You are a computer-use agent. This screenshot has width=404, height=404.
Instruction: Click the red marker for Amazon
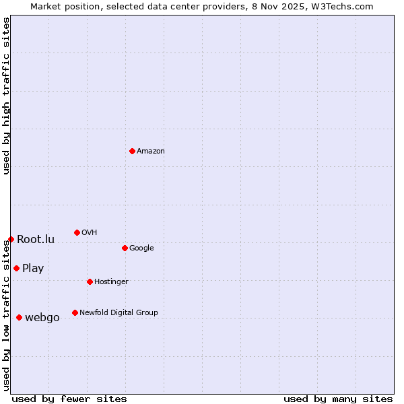[132, 151]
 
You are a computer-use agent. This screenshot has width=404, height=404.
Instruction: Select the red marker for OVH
[77, 232]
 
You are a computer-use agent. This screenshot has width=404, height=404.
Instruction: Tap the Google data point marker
[125, 248]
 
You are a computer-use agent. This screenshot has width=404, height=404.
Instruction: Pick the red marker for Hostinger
[90, 281]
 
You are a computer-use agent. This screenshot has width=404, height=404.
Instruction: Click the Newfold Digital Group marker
[75, 312]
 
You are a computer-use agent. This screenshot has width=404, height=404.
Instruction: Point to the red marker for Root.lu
[11, 239]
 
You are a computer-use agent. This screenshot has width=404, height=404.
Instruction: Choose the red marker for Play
[16, 268]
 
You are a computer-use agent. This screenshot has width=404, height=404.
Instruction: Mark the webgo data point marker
[19, 317]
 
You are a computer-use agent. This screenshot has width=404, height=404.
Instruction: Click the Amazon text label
[151, 151]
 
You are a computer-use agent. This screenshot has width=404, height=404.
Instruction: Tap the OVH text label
[90, 232]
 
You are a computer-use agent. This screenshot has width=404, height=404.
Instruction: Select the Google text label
[141, 248]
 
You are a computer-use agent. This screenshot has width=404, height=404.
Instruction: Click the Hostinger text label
[111, 281]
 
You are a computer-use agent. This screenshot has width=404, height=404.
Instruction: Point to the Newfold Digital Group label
[119, 312]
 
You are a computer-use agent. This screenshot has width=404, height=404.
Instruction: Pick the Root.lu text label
[36, 239]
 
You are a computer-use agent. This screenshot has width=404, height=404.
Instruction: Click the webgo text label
[42, 318]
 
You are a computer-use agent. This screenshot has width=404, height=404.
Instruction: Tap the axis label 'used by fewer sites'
[69, 399]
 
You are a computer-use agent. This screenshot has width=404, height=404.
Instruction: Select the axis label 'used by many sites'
[338, 399]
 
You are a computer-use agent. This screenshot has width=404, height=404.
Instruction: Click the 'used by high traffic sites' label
[6, 96]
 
